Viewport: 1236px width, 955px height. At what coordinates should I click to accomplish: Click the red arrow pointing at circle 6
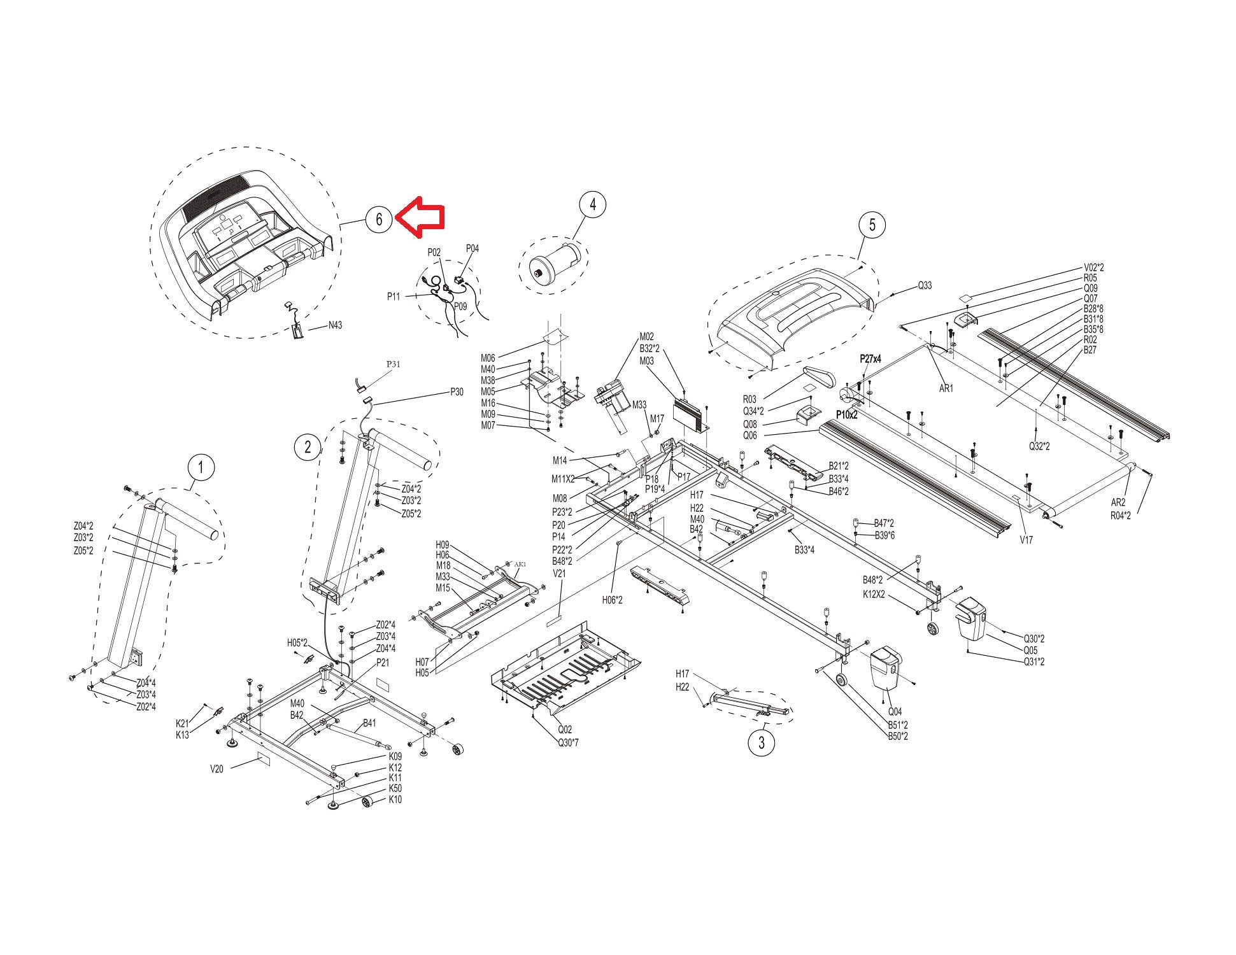[x=420, y=216]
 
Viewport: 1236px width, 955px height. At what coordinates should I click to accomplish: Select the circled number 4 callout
[x=593, y=204]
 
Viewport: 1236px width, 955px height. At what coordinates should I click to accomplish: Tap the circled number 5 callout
[x=872, y=225]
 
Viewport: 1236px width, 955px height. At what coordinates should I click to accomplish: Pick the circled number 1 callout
[x=201, y=468]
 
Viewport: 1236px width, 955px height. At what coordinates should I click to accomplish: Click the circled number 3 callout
[x=761, y=742]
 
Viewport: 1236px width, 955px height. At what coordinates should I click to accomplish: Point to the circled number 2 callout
[x=308, y=447]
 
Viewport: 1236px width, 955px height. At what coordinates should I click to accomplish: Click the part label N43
[x=335, y=325]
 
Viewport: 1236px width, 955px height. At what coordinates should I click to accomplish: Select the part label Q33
[x=925, y=286]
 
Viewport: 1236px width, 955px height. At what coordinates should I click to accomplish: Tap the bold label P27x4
[x=870, y=359]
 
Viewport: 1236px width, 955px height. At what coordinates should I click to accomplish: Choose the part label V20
[x=217, y=768]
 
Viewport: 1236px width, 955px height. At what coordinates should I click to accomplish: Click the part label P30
[x=457, y=392]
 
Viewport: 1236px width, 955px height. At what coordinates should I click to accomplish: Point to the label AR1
[x=946, y=388]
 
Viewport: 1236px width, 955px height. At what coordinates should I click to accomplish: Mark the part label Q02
[x=565, y=730]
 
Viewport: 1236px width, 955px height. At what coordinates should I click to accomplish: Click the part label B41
[x=369, y=723]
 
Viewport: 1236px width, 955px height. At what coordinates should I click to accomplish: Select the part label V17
[x=1026, y=540]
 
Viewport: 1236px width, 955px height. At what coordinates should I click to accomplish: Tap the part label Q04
[x=895, y=712]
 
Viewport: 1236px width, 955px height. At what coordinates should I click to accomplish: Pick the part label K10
[x=395, y=800]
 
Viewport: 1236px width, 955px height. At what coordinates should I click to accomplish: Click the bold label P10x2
[x=847, y=415]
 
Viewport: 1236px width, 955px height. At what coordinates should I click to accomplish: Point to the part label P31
[x=394, y=364]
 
